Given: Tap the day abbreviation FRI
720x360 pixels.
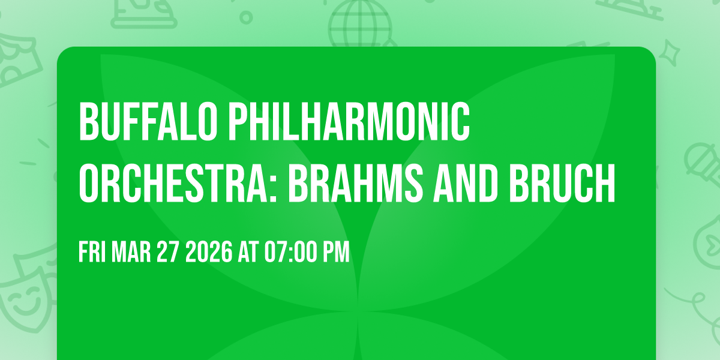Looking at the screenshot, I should [x=92, y=253].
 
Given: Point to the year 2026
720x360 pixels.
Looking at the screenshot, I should [x=208, y=253].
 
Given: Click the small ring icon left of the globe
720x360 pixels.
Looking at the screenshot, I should [x=246, y=17].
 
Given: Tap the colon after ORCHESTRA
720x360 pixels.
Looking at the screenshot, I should [x=278, y=186].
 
